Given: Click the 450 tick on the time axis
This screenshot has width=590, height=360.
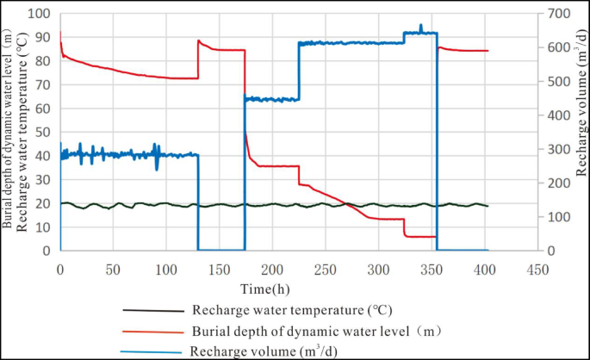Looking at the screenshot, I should point(537,270).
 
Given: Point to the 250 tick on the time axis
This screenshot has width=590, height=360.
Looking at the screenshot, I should point(325,270).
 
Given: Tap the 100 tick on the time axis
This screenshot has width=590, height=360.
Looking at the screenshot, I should point(165,270).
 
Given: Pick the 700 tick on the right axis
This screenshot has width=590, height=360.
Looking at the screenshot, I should point(556,14).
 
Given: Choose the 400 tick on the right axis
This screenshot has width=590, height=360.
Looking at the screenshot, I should point(556,115).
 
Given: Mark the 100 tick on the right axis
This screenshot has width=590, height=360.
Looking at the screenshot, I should point(556,217).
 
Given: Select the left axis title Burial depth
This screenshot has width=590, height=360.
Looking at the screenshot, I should point(8,129).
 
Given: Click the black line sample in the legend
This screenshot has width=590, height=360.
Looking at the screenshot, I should point(153,311).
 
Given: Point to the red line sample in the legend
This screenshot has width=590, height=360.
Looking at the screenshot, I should point(153,331).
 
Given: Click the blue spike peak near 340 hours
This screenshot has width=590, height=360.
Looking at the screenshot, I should point(420,25).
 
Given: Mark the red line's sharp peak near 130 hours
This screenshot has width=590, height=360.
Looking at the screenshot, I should point(199,40).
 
